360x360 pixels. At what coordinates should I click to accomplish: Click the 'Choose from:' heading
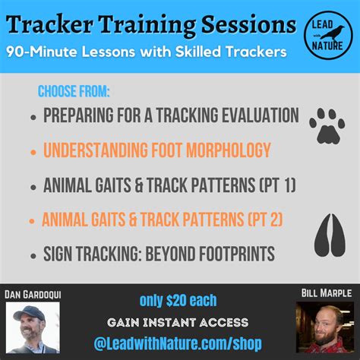click(74, 93)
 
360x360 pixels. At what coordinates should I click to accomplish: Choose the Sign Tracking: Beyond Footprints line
click(158, 254)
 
